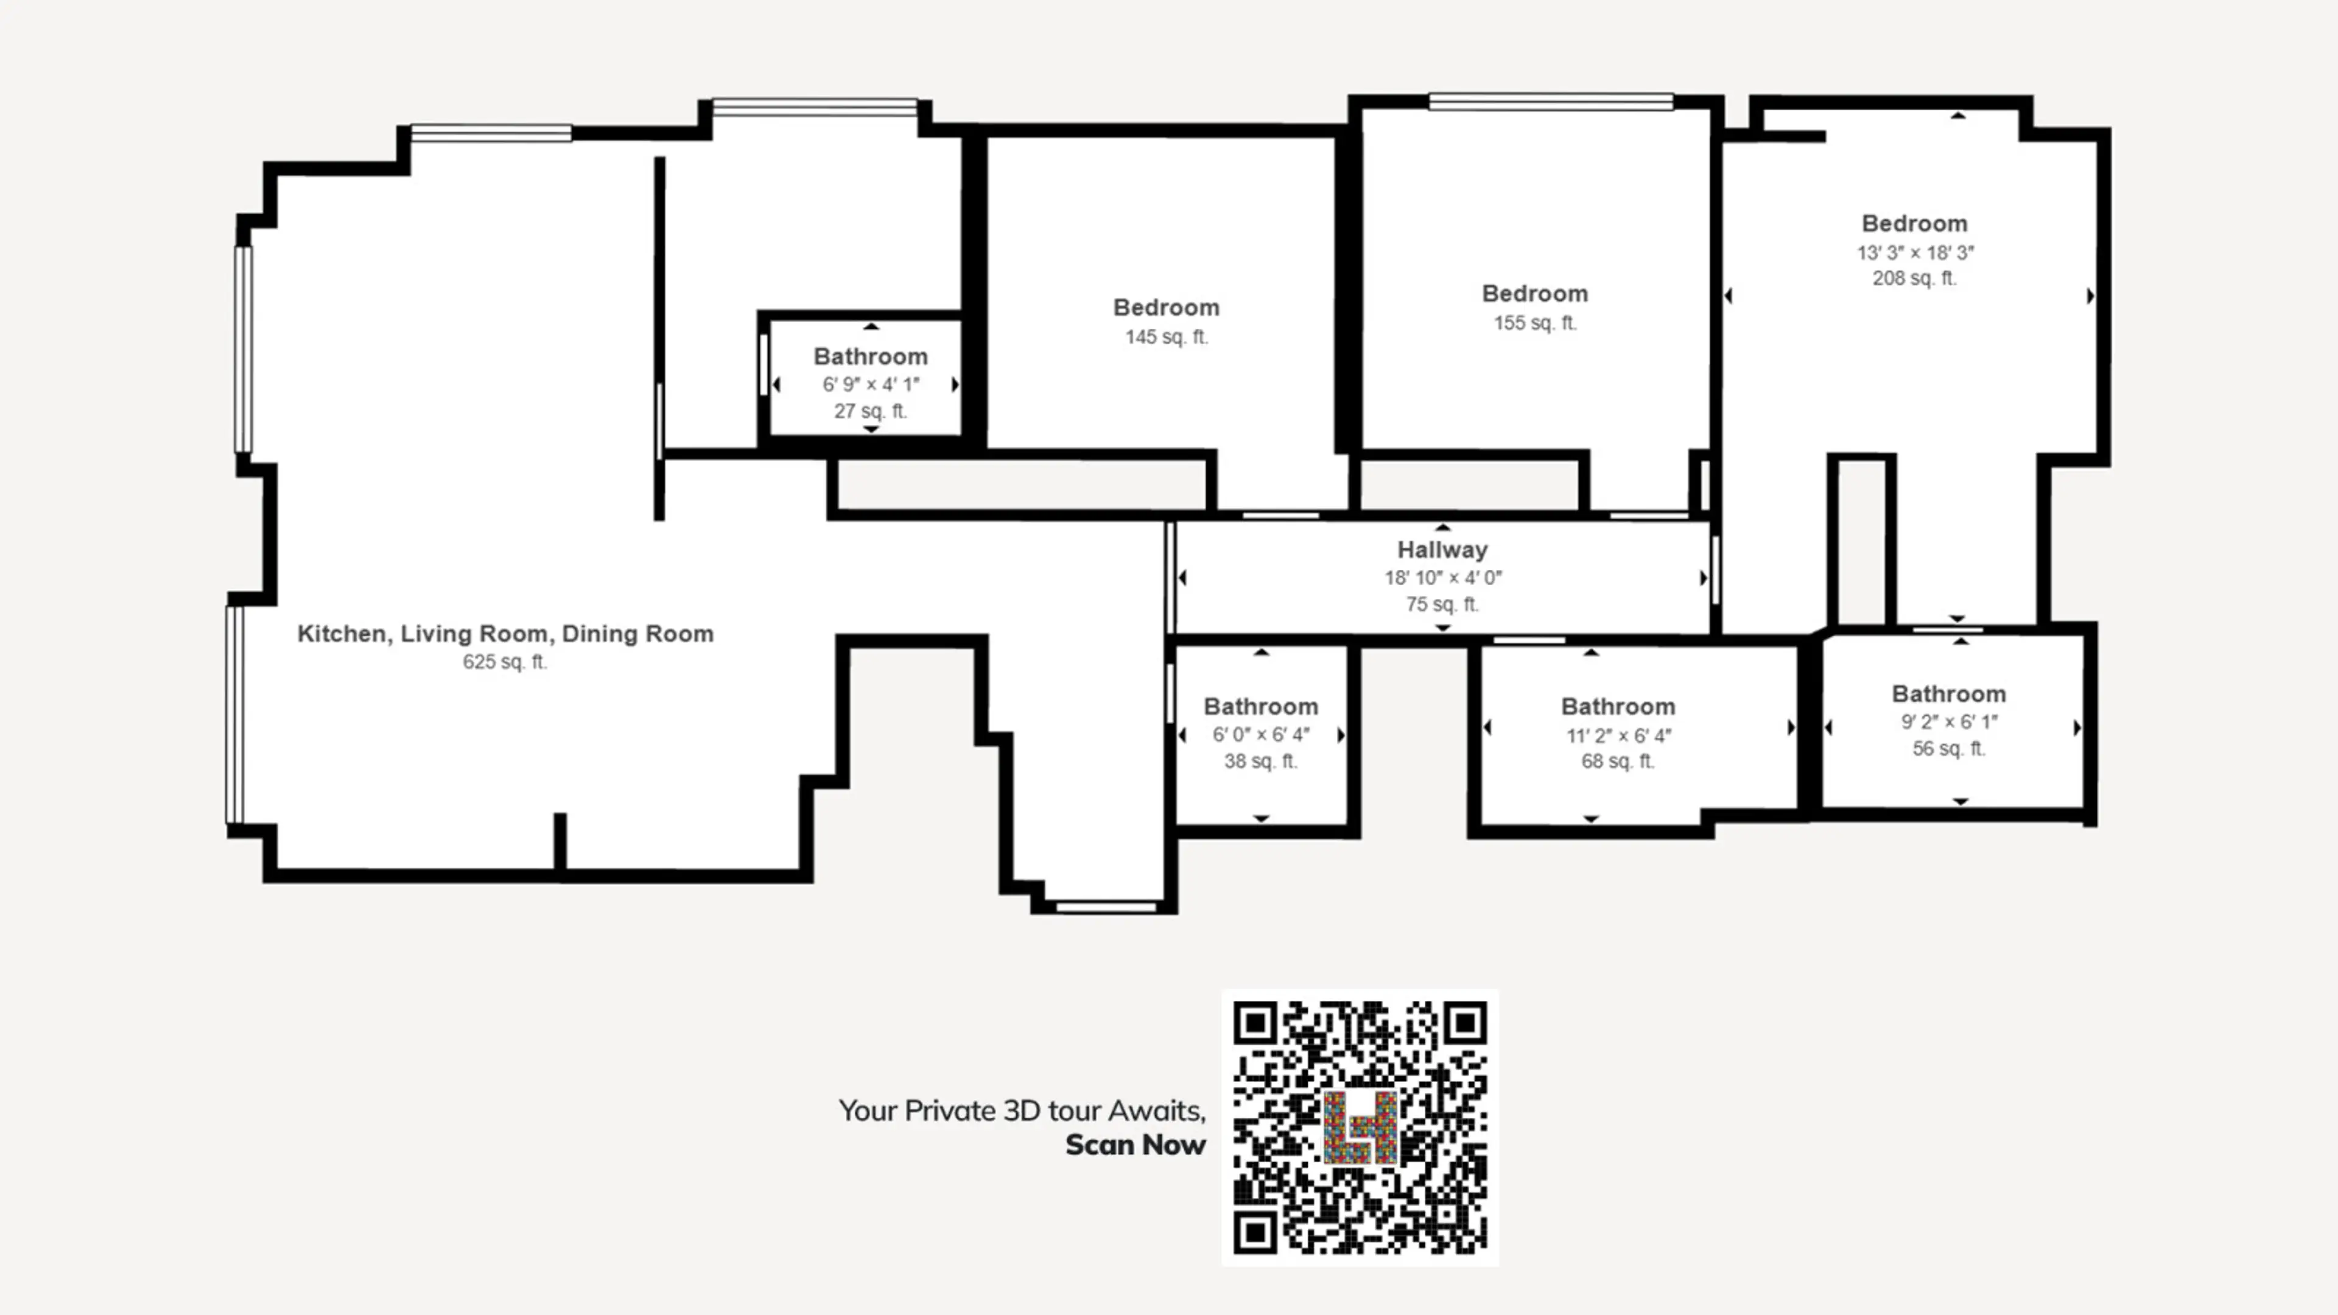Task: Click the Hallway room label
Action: pyautogui.click(x=1442, y=550)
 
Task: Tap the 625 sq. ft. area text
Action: pyautogui.click(x=505, y=662)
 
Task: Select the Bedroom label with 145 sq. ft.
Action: pyautogui.click(x=1167, y=307)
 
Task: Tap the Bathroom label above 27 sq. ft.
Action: pyautogui.click(x=871, y=357)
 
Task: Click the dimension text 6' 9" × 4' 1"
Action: pyautogui.click(x=871, y=384)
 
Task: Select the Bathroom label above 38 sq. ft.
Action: pyautogui.click(x=1261, y=707)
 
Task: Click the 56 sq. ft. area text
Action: pyautogui.click(x=1948, y=749)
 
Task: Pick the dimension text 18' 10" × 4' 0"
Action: pyautogui.click(x=1443, y=577)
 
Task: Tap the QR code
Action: pyautogui.click(x=1360, y=1127)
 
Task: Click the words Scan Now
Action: pyautogui.click(x=1136, y=1145)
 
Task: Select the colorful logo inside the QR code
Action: pyautogui.click(x=1360, y=1127)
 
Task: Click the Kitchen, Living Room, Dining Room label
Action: pyautogui.click(x=505, y=633)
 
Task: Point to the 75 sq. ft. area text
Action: pyautogui.click(x=1442, y=605)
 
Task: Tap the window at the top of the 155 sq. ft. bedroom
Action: pyautogui.click(x=1551, y=102)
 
